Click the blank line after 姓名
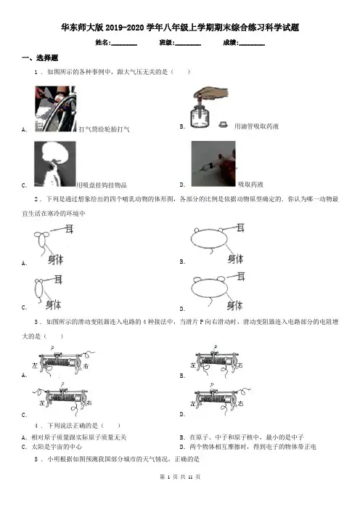tap(124, 45)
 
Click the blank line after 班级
tap(188, 45)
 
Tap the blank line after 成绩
tap(251, 45)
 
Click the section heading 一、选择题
tap(40, 58)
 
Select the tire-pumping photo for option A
tap(55, 109)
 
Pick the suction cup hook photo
tap(55, 164)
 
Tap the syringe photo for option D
tap(213, 163)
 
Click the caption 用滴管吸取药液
tap(256, 126)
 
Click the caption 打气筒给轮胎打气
tap(105, 129)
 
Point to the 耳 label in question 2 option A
tap(69, 229)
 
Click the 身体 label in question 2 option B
tap(235, 259)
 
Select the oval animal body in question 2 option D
tap(208, 288)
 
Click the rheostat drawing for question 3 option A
tap(62, 362)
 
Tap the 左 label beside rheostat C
tap(42, 402)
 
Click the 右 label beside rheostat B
tap(240, 365)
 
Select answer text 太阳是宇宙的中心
tap(57, 447)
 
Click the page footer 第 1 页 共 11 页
tap(180, 477)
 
